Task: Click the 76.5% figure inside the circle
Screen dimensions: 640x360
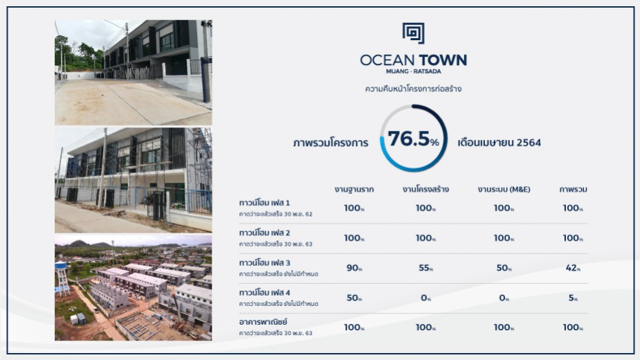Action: [x=413, y=139]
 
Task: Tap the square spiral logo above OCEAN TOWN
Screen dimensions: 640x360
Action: [x=414, y=33]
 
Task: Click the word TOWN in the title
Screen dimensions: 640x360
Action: [x=443, y=60]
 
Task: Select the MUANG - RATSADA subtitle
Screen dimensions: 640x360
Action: [x=414, y=71]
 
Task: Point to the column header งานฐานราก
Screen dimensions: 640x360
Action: [x=354, y=190]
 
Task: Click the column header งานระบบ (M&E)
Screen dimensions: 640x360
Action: [x=504, y=190]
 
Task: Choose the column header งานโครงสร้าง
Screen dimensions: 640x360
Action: [x=426, y=190]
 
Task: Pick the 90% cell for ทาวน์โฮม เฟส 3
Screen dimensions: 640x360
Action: [x=354, y=268]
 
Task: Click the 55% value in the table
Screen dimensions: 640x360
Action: [x=426, y=268]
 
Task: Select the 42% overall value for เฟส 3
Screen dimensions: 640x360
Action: [x=573, y=268]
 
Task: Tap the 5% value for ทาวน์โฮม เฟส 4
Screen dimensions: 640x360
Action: [x=573, y=298]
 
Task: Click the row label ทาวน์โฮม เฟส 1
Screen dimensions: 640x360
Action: [x=264, y=203]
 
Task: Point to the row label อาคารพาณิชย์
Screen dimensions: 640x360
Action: [x=264, y=322]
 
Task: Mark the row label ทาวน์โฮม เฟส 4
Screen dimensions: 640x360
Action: [x=264, y=293]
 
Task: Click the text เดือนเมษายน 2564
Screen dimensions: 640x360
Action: [x=499, y=143]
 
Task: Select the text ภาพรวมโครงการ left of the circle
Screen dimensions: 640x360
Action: [x=331, y=143]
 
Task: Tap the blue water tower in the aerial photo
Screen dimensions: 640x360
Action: [x=62, y=278]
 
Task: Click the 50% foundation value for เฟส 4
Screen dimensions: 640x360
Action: [x=354, y=298]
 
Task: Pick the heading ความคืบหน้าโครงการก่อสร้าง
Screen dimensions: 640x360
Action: [x=413, y=89]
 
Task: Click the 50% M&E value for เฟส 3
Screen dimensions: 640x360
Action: [x=504, y=268]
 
